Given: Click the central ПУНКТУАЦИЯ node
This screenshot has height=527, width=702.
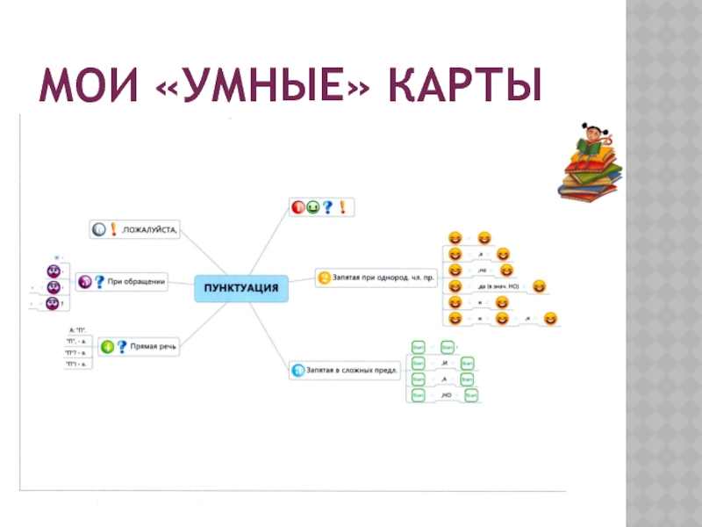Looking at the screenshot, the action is [x=240, y=287].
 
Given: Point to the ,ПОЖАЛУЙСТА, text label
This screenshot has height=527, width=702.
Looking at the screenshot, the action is [x=148, y=230].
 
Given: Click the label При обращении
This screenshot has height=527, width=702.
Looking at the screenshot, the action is [x=138, y=282].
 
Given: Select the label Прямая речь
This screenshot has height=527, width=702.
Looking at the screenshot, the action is [x=154, y=347].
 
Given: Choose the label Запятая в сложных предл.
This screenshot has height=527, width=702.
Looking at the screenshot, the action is [x=353, y=371].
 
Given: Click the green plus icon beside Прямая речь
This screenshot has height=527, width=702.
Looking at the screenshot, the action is [x=107, y=347].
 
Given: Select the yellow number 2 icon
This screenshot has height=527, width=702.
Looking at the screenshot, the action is [x=324, y=278].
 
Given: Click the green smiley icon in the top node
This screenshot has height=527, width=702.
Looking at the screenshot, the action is [x=312, y=207].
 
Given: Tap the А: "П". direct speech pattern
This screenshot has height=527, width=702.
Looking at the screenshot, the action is [x=77, y=328].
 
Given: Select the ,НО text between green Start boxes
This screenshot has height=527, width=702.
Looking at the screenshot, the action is [x=446, y=396].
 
